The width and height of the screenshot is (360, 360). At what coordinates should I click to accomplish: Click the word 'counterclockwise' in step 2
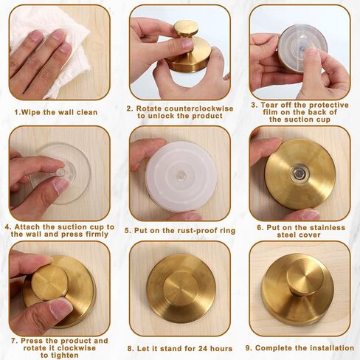tap(198, 108)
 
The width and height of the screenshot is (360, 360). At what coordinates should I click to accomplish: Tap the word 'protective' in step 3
tap(329, 105)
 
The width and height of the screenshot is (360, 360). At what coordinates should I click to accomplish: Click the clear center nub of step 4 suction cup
tap(60, 173)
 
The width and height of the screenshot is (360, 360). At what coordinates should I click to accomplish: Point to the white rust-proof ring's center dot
tap(181, 176)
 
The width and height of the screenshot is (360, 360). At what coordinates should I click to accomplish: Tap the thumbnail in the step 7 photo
tap(60, 308)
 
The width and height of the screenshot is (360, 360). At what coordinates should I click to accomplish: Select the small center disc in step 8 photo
tap(181, 288)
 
